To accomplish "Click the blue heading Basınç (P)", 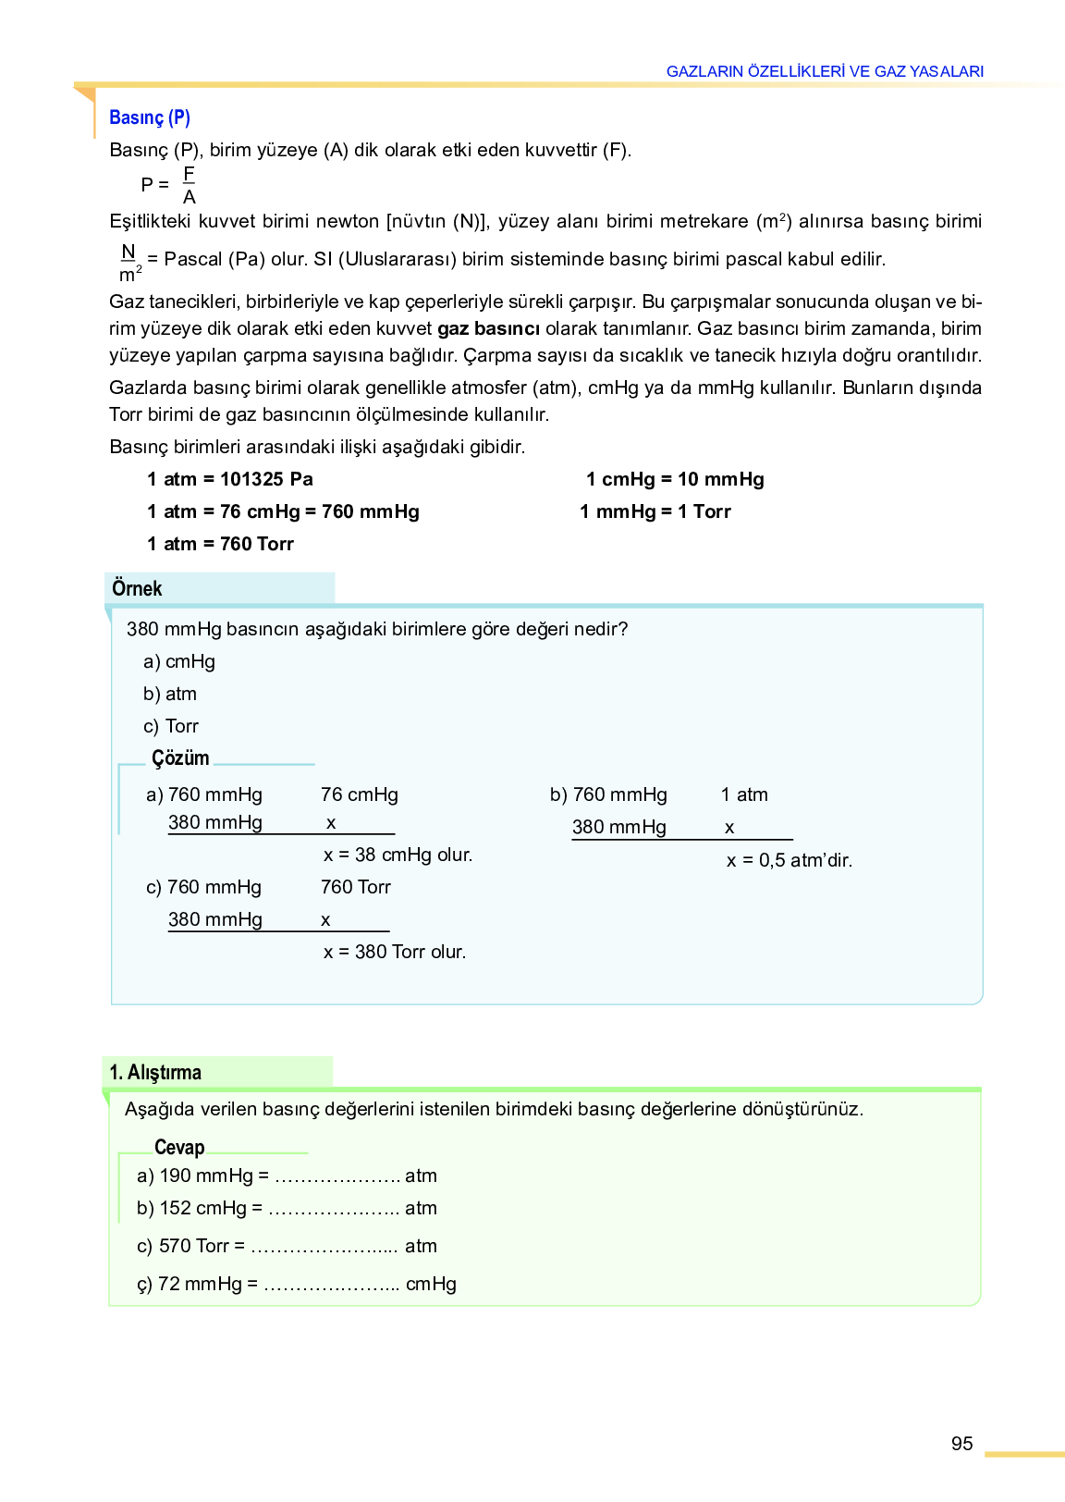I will point(150,117).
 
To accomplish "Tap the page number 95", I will point(961,1444).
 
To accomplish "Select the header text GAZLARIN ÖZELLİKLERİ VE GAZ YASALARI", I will point(825,71).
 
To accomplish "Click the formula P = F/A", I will point(169,185).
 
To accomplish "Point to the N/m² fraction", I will point(129,263).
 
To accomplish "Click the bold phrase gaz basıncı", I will point(488,328).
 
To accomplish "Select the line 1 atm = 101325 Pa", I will point(230,479).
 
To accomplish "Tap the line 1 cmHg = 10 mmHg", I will point(675,479).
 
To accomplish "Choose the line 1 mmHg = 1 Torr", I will point(655,511).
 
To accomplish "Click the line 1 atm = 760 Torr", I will point(220,544).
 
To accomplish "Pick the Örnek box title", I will point(137,588).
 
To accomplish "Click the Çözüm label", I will point(180,758).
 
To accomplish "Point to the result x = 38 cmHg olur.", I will point(398,855).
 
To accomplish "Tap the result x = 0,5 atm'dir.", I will point(789,860).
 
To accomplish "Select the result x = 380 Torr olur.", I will point(395,952).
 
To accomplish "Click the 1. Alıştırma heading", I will point(155,1072).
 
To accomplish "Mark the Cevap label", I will point(179,1148).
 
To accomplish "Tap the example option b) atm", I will point(170,694).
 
